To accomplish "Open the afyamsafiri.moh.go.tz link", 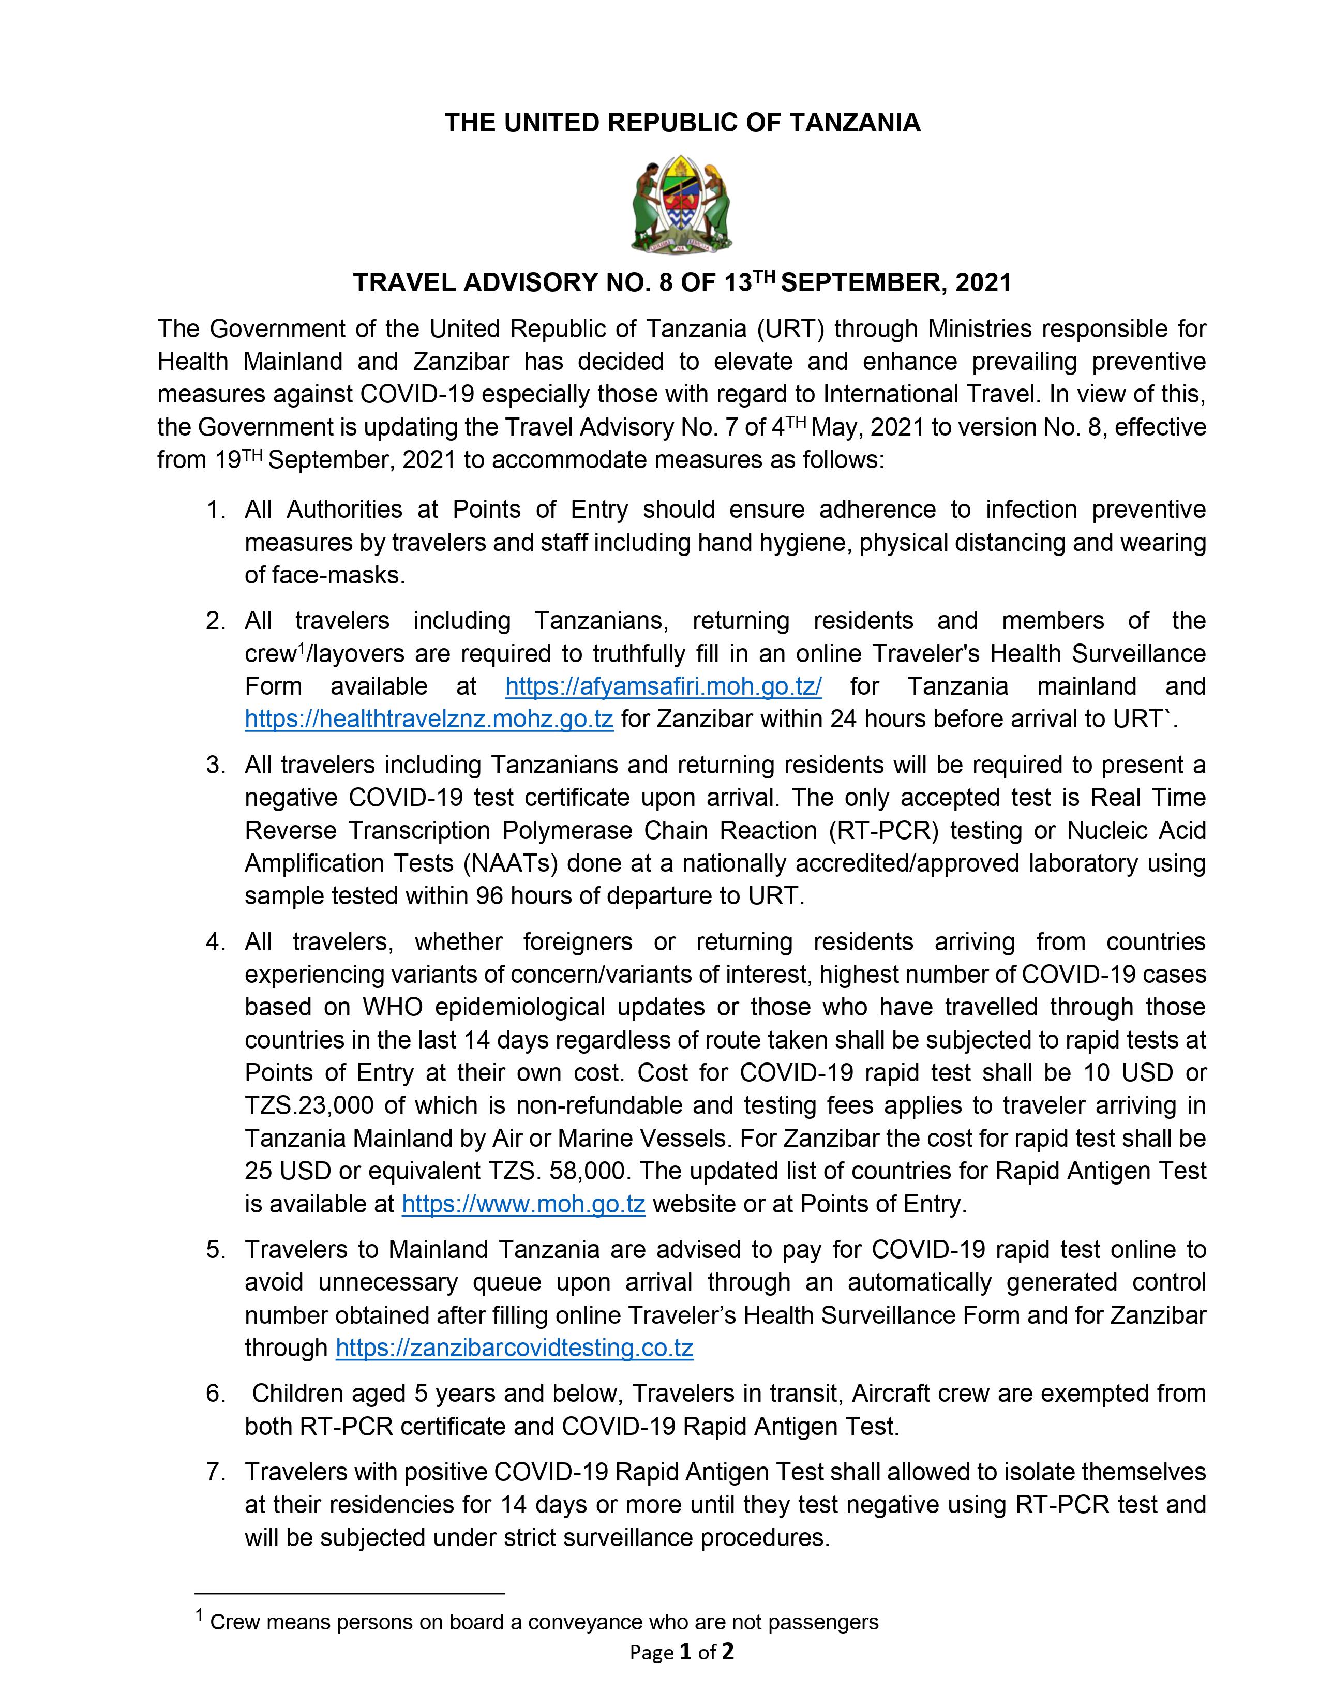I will (664, 686).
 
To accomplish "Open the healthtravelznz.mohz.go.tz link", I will (428, 719).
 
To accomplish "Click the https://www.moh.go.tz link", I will (523, 1204).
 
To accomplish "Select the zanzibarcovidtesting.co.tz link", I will (514, 1347).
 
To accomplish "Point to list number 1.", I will (216, 510).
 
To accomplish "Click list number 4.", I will (216, 942).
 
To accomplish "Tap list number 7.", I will (216, 1472).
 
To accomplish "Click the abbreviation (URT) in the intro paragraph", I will (790, 329).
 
